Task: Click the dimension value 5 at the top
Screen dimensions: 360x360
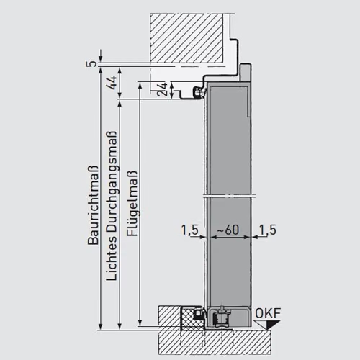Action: [91, 64]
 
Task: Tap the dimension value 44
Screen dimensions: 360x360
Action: [112, 83]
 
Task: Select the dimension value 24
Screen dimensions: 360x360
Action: [162, 89]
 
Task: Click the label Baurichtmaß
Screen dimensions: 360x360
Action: [93, 205]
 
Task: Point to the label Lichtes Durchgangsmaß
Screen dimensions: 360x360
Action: [112, 206]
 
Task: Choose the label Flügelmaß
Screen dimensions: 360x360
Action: [132, 204]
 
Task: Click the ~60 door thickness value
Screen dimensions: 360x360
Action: [228, 230]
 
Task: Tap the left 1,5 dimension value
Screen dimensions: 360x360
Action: [190, 230]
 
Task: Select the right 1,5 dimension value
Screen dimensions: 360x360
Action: [268, 230]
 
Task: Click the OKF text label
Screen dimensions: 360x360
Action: [268, 313]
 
